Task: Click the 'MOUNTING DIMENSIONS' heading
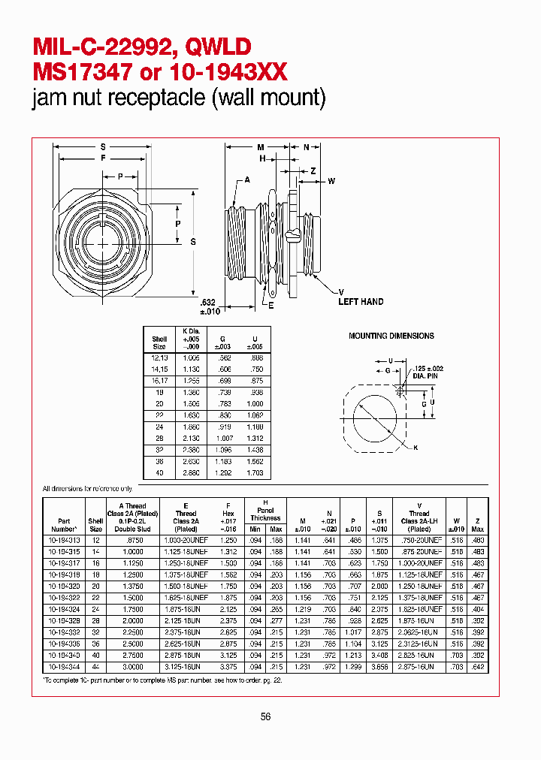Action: [391, 336]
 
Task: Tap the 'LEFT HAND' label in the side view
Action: [361, 302]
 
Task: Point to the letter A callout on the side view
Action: [247, 181]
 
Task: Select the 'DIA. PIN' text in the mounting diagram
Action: [422, 376]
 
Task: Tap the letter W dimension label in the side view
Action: [331, 181]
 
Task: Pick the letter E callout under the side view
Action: [271, 306]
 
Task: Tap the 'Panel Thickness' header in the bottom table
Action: [265, 514]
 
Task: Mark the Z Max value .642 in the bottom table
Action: [478, 666]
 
